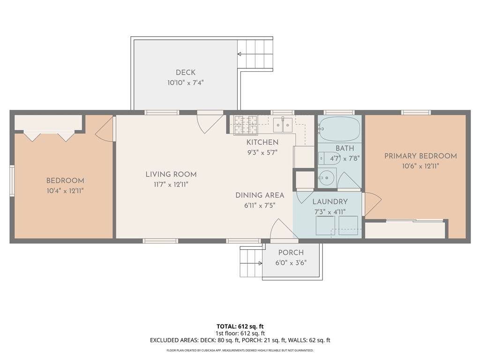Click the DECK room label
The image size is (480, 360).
186,73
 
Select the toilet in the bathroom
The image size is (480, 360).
326,158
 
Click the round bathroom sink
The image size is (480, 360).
327,177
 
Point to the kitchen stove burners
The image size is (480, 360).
246,125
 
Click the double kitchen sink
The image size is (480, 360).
283,125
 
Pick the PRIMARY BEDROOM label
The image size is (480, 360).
420,156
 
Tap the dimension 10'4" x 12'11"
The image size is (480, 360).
65,191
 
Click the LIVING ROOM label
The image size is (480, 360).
171,174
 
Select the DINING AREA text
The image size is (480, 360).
260,195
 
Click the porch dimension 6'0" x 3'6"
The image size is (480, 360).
291,263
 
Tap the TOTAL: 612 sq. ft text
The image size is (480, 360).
240,326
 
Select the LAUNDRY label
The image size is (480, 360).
330,202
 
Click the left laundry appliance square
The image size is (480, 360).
325,225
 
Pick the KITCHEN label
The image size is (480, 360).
262,142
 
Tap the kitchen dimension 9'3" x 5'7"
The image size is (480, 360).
262,152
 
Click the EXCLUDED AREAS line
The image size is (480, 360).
240,340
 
